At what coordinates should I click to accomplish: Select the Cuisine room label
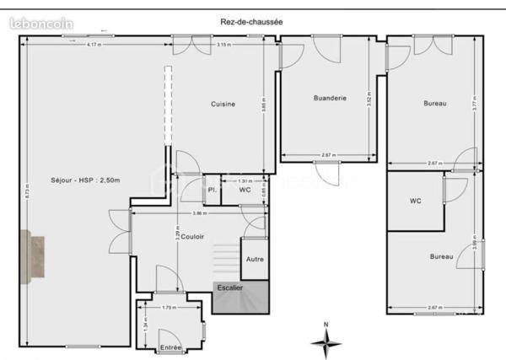pos(223,104)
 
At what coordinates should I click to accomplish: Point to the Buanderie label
pos(330,99)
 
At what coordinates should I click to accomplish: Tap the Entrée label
pos(171,347)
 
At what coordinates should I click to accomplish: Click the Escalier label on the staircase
pos(229,287)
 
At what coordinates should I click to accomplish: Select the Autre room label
pos(254,260)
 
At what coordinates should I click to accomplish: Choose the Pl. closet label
pos(212,191)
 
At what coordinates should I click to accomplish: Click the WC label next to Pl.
pos(245,191)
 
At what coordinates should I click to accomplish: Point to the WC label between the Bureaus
pos(415,201)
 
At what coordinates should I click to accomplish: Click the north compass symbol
pos(326,341)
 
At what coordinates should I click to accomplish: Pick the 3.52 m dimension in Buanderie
pos(369,99)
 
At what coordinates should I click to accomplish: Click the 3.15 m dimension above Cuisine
pos(223,44)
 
